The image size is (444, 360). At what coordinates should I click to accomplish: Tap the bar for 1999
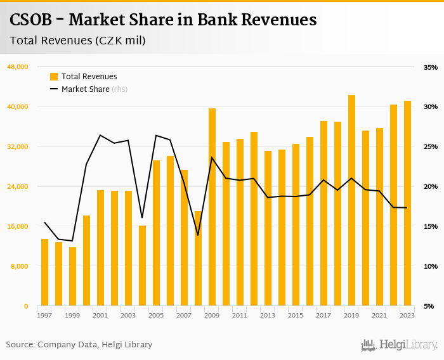72,276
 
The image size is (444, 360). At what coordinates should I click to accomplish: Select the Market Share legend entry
85,89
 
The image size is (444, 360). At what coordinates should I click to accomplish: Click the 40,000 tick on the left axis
18,106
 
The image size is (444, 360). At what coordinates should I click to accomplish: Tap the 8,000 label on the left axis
19,266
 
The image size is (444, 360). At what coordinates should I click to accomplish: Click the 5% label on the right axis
429,306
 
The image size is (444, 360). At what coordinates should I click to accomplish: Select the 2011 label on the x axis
240,315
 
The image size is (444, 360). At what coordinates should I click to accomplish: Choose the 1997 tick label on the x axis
44,315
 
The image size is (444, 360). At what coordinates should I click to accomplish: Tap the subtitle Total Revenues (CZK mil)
77,41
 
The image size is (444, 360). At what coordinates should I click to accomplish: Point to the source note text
79,345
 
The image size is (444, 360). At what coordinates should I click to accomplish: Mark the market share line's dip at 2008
198,235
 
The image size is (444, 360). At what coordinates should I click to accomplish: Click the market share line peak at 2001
100,135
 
